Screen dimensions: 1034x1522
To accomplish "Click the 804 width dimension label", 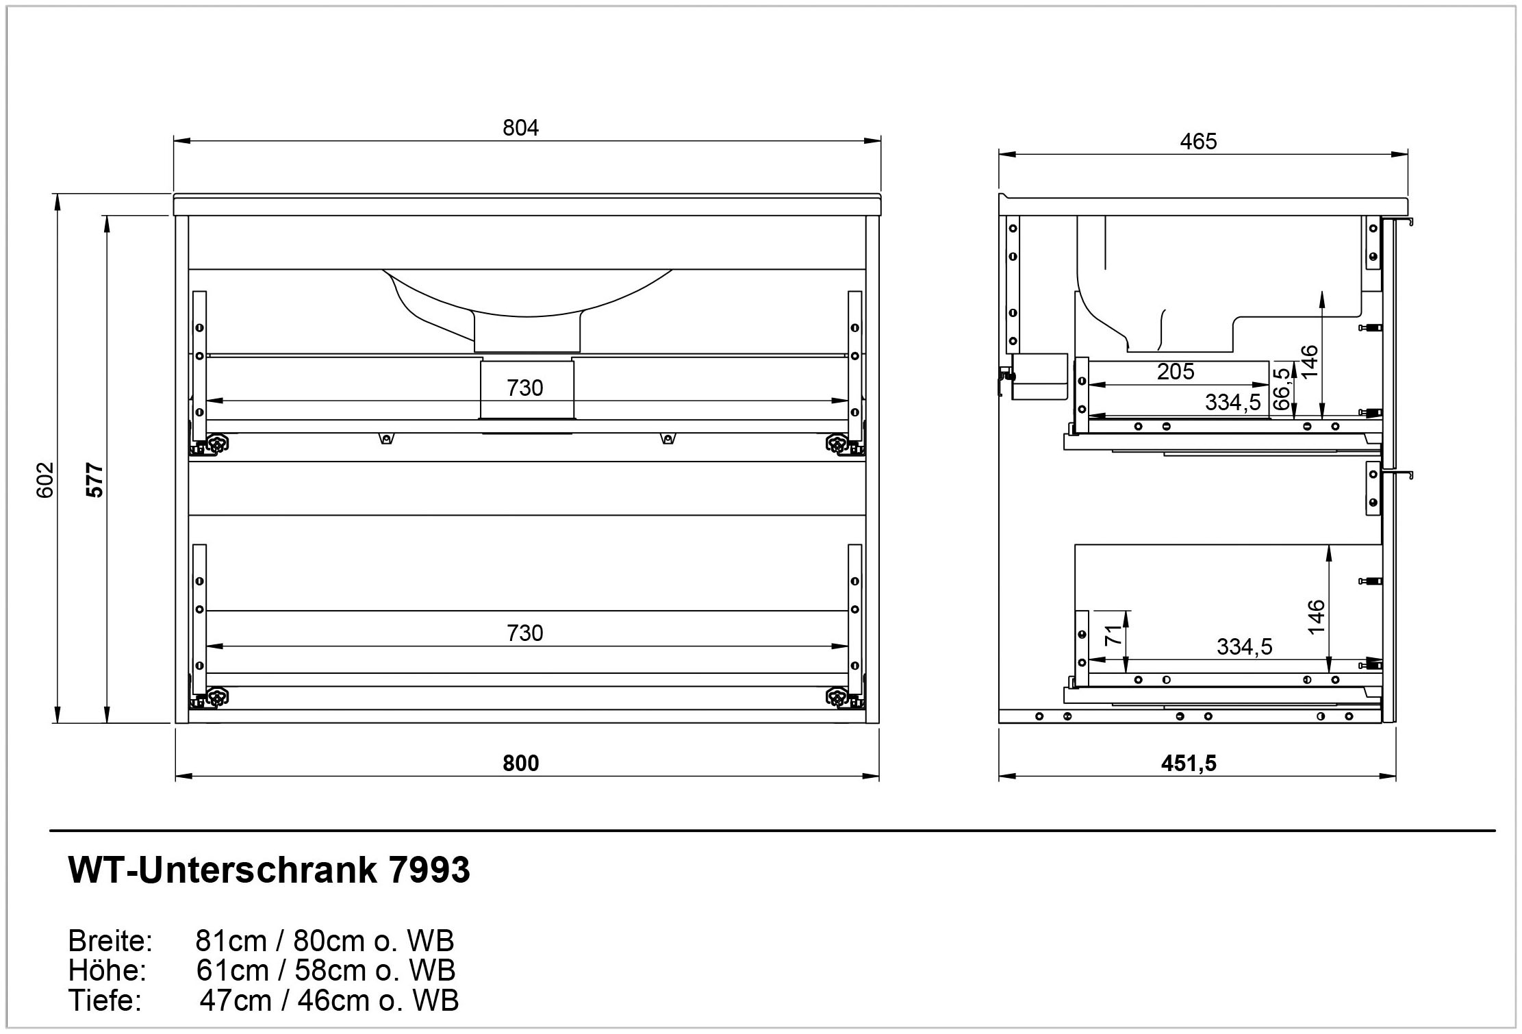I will point(520,128).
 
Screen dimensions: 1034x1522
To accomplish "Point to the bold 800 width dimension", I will point(520,763).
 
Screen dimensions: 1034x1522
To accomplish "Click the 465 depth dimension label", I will point(1198,142).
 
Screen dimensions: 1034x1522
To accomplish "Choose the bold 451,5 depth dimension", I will point(1189,763).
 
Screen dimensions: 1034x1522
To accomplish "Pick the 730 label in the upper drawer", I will point(524,388).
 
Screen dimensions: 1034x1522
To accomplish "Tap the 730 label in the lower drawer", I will point(524,633).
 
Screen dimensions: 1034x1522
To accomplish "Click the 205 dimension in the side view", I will point(1176,371).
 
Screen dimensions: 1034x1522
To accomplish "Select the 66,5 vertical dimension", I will point(1282,389).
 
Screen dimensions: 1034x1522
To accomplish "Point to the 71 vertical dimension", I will point(1115,635).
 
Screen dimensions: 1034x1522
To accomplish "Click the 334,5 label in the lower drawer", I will point(1244,646).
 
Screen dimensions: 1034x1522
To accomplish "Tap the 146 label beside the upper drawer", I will point(1308,361).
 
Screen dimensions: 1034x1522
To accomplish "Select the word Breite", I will point(110,942).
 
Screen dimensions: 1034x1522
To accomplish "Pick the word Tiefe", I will point(105,1000).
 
